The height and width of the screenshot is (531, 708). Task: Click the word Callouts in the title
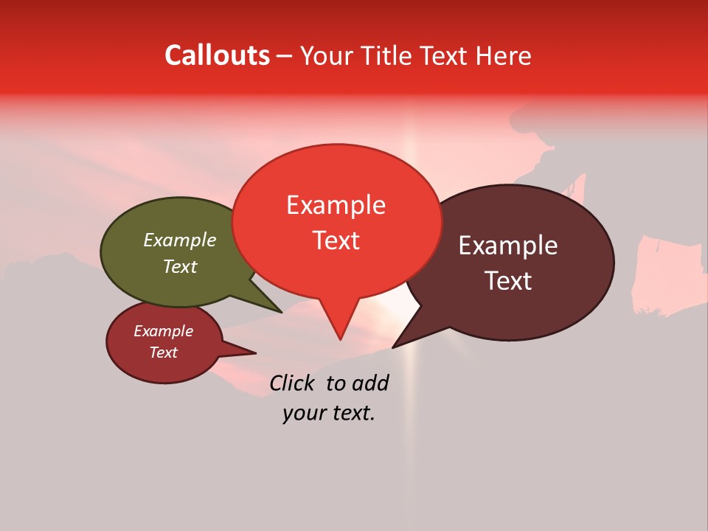(x=217, y=55)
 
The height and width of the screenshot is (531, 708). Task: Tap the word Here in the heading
(x=505, y=55)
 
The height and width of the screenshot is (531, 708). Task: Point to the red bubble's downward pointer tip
(x=340, y=337)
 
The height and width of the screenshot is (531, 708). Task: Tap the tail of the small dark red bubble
(x=251, y=353)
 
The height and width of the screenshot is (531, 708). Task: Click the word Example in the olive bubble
(x=180, y=240)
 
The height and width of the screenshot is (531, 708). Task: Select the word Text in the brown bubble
(x=508, y=281)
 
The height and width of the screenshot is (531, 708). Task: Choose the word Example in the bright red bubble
(x=336, y=205)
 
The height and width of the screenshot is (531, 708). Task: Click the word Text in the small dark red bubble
(x=164, y=353)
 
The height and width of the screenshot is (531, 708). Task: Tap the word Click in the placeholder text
(x=292, y=383)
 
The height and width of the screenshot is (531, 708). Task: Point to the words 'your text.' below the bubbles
(x=328, y=413)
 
